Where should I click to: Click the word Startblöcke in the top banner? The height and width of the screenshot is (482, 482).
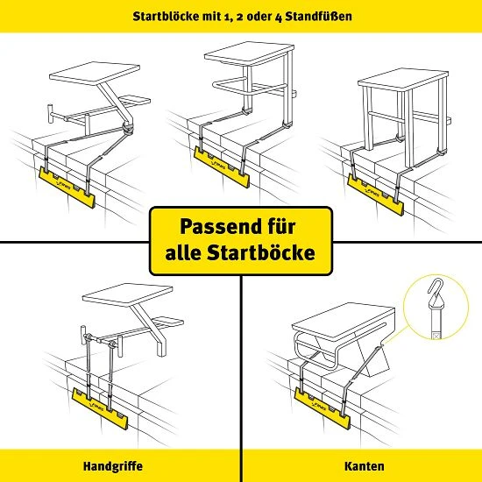(166, 16)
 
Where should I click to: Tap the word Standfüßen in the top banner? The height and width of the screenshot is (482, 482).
(318, 16)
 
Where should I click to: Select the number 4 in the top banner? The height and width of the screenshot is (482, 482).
(278, 17)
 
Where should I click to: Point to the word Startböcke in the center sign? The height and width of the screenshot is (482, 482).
(261, 252)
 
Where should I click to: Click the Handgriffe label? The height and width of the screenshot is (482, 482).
(113, 466)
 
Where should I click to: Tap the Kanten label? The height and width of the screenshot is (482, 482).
(365, 466)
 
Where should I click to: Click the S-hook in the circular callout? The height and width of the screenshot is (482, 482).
(434, 290)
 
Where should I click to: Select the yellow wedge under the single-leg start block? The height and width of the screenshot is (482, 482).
(67, 187)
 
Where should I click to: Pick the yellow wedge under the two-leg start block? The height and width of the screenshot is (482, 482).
(222, 167)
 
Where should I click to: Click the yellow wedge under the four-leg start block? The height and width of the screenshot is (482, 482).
(375, 195)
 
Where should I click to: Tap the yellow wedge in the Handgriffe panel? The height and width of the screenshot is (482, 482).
(100, 408)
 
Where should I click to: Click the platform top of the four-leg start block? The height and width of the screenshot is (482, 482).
(403, 79)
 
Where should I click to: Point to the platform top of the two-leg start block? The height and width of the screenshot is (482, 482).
(249, 54)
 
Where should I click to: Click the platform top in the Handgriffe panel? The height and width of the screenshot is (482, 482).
(127, 294)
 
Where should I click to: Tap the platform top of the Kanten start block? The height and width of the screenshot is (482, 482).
(343, 321)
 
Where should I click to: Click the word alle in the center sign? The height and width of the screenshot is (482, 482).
(182, 252)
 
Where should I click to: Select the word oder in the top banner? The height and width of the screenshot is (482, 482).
(258, 17)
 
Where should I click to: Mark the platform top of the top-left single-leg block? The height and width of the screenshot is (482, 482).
(95, 73)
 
